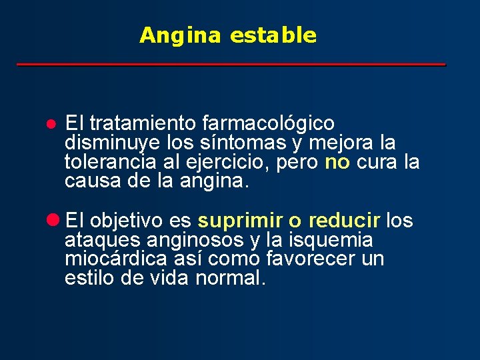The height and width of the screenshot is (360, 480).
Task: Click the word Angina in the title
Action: pos(179,35)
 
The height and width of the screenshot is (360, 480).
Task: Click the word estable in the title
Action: pos(273,35)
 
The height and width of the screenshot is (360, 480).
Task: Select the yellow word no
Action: pos(337,163)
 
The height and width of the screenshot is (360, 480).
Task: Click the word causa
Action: pos(90,182)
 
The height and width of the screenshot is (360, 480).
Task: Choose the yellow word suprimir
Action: pos(240,221)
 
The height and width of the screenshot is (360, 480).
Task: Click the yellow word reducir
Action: pos(345,221)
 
